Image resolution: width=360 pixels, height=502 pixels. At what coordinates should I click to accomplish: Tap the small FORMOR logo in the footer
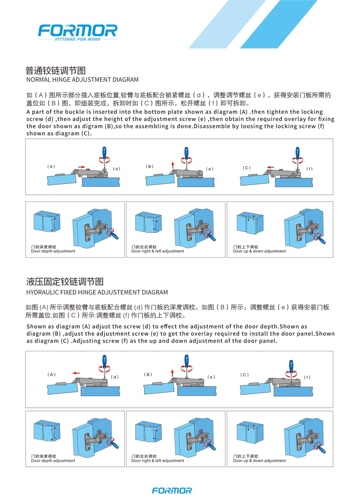pyautogui.click(x=172, y=490)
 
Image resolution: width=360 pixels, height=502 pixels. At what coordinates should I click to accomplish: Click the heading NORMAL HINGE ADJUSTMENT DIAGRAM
pyautogui.click(x=83, y=80)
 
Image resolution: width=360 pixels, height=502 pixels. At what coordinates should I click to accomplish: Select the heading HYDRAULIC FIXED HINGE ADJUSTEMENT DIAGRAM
pyautogui.click(x=97, y=292)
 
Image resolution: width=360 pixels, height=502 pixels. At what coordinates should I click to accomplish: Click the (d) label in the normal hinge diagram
pyautogui.click(x=117, y=169)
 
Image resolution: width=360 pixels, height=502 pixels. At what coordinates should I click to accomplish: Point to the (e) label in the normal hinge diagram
pyautogui.click(x=210, y=169)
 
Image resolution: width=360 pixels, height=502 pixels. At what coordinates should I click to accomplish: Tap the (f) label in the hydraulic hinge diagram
pyautogui.click(x=307, y=377)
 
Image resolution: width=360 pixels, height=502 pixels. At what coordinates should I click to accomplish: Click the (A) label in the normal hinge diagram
pyautogui.click(x=51, y=167)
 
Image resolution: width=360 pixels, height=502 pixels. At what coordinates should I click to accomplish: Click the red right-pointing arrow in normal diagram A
pyautogui.click(x=81, y=167)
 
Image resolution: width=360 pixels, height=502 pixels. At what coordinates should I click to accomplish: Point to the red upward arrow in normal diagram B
pyautogui.click(x=173, y=165)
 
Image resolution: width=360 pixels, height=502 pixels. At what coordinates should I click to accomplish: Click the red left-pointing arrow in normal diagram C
pyautogui.click(x=270, y=167)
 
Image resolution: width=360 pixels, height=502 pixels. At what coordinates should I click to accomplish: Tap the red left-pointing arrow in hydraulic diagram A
pyautogui.click(x=76, y=373)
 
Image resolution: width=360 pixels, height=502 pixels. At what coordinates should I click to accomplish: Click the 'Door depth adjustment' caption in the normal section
pyautogui.click(x=53, y=251)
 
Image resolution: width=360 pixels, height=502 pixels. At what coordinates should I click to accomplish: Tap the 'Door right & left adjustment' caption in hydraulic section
pyautogui.click(x=158, y=461)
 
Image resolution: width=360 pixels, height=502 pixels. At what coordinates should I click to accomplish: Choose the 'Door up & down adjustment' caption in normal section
pyautogui.click(x=260, y=251)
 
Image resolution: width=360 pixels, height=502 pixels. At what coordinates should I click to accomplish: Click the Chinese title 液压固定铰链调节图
pyautogui.click(x=65, y=282)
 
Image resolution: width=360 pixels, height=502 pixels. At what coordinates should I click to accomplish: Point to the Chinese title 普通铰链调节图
pyautogui.click(x=55, y=71)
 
